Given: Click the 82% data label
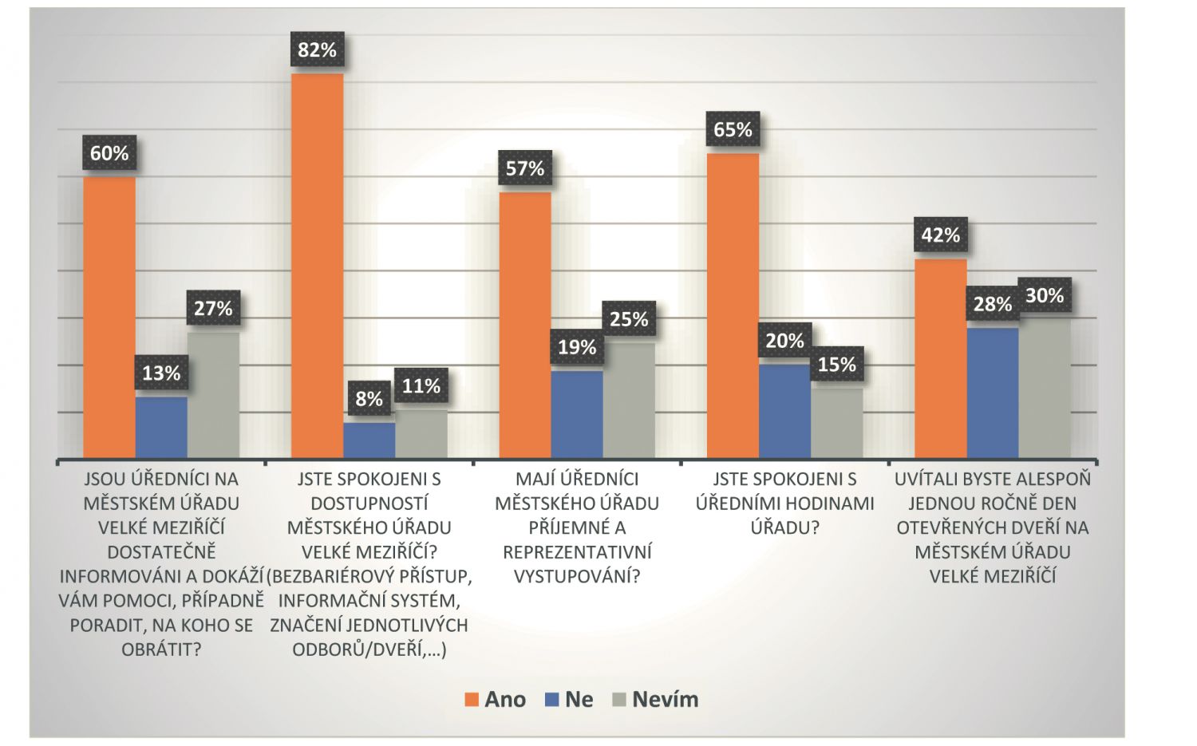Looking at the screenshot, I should coord(317,50).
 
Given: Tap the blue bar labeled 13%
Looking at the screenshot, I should coord(161,428).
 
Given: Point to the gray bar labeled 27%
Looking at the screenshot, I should coord(213,395).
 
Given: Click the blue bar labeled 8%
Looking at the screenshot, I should coord(369,440).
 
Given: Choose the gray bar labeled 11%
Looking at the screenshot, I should coord(421,434).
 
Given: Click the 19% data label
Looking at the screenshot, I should coord(577,348).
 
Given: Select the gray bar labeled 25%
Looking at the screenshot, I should coord(629,401).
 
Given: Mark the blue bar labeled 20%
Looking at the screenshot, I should coord(784,411).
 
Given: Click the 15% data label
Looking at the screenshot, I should coord(836,365).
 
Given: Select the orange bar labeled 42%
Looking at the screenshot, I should coord(941,358).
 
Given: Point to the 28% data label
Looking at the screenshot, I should coord(992,304).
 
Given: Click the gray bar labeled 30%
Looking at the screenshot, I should coord(1045,389).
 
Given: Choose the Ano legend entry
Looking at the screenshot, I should coord(496,700).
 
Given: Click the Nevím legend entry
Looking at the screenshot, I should coord(655,700).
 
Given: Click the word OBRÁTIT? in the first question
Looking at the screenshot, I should coord(161,649).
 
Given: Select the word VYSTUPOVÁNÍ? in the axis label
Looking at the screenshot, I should coord(577,576).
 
